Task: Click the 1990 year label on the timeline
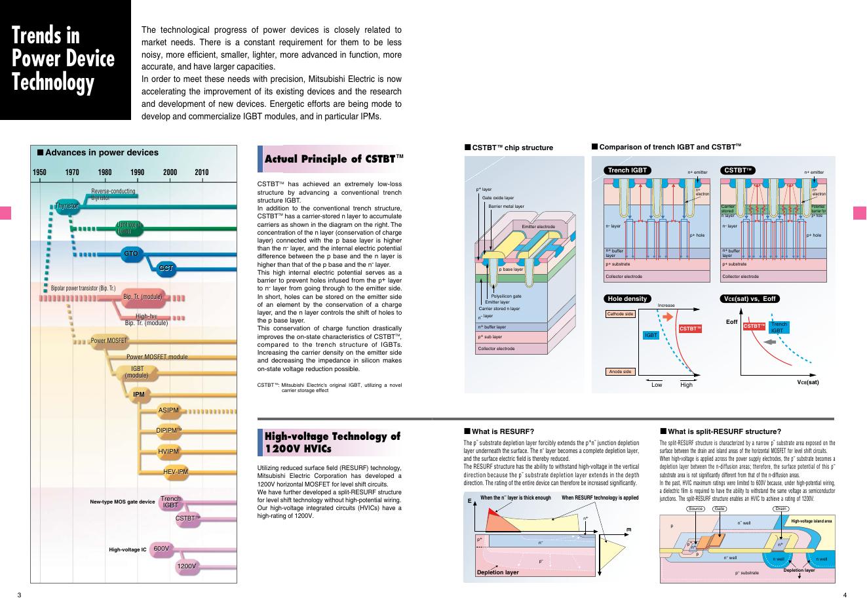[x=138, y=172]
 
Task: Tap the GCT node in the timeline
[x=166, y=268]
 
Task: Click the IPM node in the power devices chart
[x=138, y=395]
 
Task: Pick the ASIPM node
[x=168, y=410]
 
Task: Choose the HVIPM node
[x=168, y=451]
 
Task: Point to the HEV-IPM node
[x=176, y=471]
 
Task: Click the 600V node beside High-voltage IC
[x=161, y=548]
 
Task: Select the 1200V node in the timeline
[x=187, y=566]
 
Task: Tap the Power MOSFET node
[x=109, y=341]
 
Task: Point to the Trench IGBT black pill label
[x=627, y=170]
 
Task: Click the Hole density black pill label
[x=627, y=299]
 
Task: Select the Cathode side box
[x=620, y=314]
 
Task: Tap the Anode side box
[x=620, y=372]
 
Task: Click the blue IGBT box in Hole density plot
[x=651, y=335]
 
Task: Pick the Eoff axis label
[x=732, y=322]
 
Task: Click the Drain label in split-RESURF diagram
[x=780, y=509]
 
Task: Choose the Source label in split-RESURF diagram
[x=695, y=509]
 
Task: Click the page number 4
[x=845, y=595]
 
